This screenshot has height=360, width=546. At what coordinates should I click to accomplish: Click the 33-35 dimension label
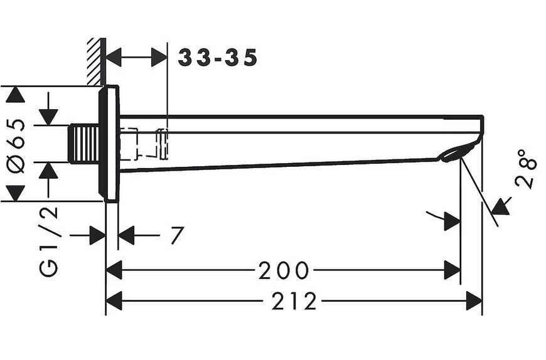coord(218,58)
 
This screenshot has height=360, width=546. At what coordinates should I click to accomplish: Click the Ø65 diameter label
coord(17,146)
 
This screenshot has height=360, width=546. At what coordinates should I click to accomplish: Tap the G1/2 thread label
coord(48,241)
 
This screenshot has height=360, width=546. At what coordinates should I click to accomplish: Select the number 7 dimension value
coord(177,235)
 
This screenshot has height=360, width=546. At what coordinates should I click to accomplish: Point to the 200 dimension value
coord(284,270)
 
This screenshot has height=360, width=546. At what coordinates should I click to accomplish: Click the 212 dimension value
coord(294,301)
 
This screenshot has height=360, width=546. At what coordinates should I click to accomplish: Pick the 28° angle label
coord(526,169)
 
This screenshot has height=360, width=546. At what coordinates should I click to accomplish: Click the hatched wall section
coord(97,61)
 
